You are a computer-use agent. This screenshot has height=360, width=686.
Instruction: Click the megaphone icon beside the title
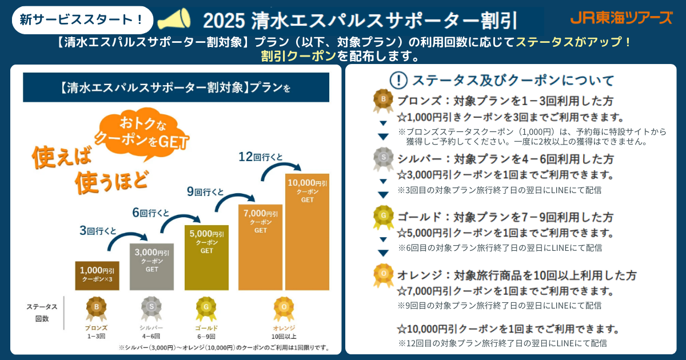pyautogui.click(x=174, y=20)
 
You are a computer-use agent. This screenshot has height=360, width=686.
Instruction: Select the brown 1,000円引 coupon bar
pyautogui.click(x=97, y=275)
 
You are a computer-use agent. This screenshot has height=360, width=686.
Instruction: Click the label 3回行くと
pyautogui.click(x=98, y=231)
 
